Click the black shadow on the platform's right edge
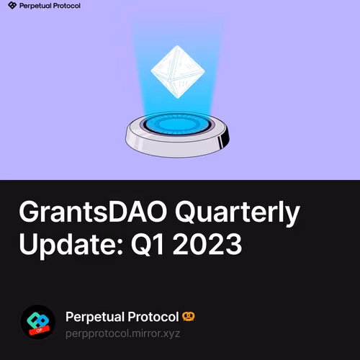pos(227,137)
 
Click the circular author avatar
pos(37,323)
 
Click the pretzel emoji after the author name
pos(189,316)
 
